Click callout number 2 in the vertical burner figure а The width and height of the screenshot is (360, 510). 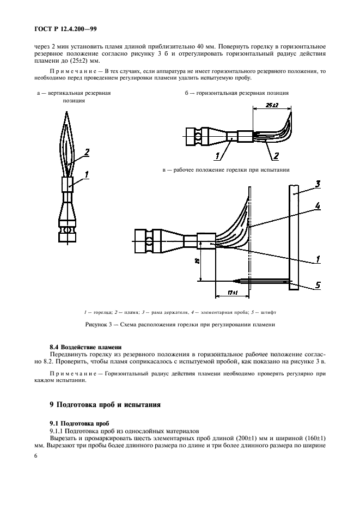tap(86, 152)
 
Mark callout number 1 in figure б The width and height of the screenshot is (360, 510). tap(217, 156)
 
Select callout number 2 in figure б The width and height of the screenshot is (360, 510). tap(276, 156)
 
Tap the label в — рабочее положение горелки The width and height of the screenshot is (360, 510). tap(225, 170)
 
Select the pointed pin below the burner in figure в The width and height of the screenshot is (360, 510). tap(240, 281)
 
